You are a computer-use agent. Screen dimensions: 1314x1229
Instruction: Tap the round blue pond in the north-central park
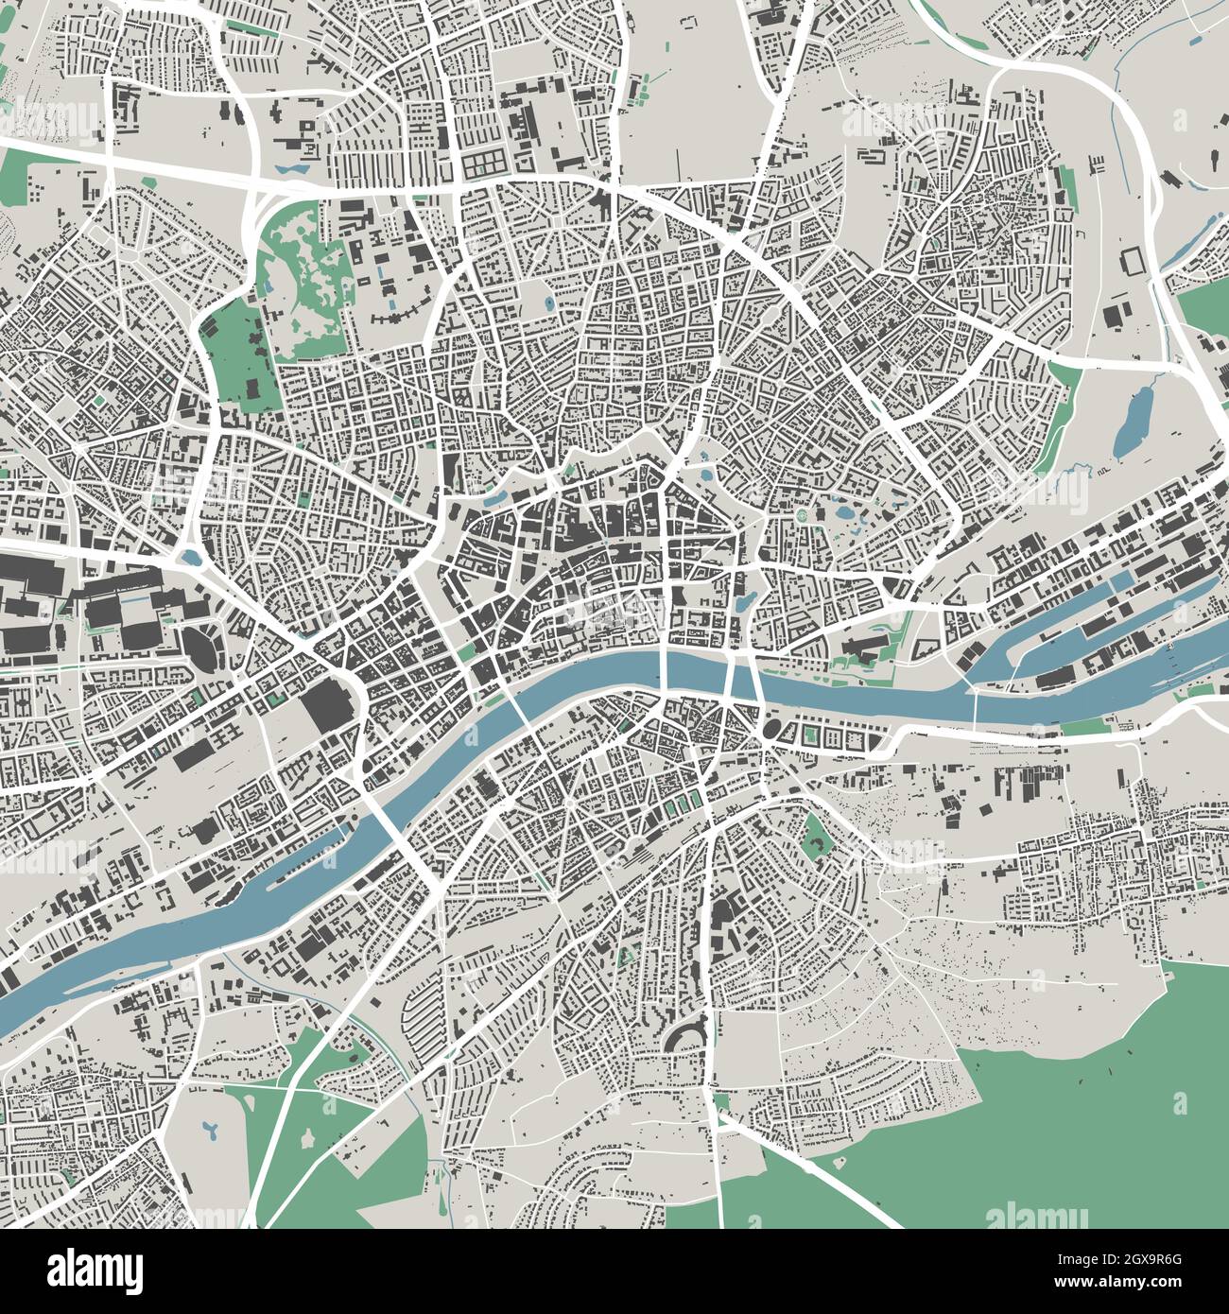coord(550,304)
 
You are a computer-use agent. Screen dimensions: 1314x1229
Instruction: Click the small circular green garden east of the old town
coord(804,516)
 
